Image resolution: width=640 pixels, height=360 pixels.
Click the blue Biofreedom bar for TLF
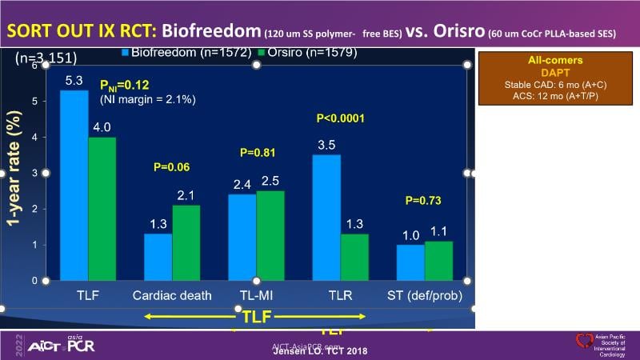(74, 185)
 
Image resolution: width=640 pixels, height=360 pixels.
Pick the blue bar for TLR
(326, 218)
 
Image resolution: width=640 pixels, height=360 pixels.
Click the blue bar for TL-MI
(242, 237)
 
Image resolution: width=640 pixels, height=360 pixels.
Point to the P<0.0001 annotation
(340, 118)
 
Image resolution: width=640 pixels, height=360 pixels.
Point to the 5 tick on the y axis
(34, 102)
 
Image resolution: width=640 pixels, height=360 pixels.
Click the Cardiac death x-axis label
(172, 295)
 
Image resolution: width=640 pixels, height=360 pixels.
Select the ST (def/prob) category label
(426, 295)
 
